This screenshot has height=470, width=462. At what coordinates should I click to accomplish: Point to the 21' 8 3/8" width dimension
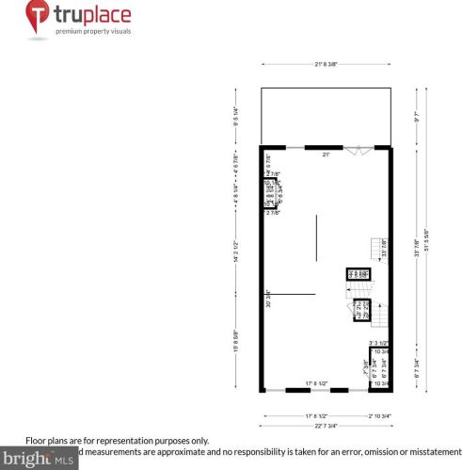325,64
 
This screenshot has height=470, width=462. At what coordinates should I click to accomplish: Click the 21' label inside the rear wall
326,153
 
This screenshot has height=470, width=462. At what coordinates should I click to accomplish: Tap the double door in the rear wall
356,148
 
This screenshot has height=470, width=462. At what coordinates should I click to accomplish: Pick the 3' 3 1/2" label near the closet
379,343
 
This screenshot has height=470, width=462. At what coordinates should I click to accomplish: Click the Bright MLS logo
38,459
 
